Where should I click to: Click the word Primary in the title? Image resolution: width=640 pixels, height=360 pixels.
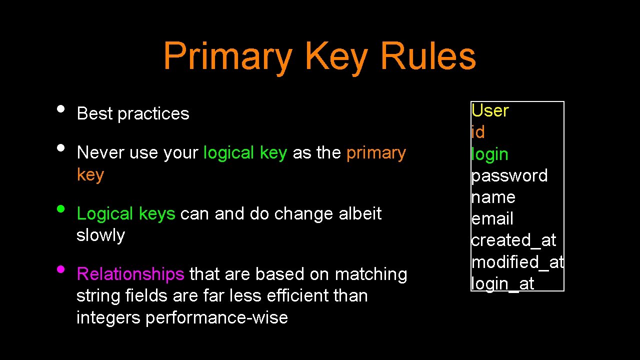[227, 56]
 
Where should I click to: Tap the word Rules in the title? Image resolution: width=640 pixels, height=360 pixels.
[427, 56]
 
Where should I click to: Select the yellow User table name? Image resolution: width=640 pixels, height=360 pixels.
[490, 110]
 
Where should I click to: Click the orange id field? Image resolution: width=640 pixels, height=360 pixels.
[478, 132]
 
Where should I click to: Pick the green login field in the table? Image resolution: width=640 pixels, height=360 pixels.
[489, 154]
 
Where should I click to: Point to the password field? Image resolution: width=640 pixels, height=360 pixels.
[509, 176]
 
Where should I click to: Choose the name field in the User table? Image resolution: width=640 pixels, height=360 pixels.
[493, 197]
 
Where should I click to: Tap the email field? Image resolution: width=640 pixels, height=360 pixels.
[492, 219]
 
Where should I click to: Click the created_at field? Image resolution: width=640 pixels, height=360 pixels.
[513, 240]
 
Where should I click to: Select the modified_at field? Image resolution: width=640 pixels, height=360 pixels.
[517, 262]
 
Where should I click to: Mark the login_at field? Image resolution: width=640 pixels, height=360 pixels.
[502, 283]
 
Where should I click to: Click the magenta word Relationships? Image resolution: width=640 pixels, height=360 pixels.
[130, 274]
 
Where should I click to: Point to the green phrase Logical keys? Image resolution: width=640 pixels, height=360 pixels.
[125, 213]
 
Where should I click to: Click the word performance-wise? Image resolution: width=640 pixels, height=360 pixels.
[216, 317]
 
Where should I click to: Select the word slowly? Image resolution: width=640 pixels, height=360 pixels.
[100, 235]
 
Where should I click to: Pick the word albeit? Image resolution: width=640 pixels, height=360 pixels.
[360, 213]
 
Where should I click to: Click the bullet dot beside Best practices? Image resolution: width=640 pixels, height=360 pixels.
[60, 108]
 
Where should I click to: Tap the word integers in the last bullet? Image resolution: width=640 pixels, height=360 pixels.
[108, 317]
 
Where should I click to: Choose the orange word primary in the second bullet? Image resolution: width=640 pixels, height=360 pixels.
[376, 152]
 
